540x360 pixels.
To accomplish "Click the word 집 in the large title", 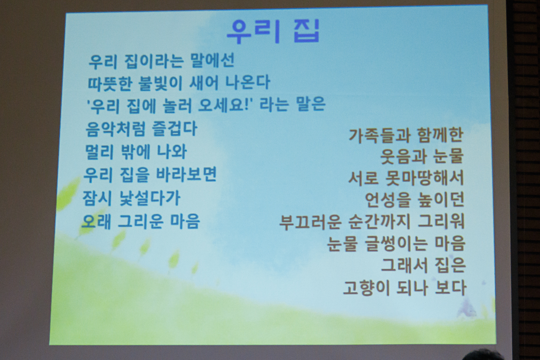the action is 307,31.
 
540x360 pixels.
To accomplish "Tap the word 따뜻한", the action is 110,83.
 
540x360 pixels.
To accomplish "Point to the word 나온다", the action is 247,82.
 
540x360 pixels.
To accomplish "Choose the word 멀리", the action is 99,152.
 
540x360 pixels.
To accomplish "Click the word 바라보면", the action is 187,174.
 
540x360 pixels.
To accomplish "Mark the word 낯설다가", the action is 150,198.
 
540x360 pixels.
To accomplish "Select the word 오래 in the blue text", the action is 96,221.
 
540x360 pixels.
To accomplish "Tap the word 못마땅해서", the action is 424,178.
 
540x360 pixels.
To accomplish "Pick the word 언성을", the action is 387,200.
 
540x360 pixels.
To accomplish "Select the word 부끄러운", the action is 310,222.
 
